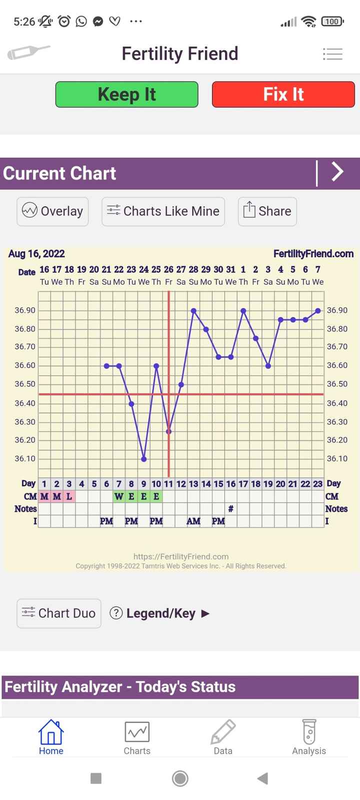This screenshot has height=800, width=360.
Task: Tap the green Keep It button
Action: coord(126,94)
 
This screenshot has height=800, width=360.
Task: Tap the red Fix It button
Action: coord(283,94)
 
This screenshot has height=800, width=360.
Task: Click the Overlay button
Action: coord(52,211)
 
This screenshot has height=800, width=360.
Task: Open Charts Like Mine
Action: coord(163,211)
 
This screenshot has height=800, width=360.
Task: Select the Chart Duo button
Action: coord(58,613)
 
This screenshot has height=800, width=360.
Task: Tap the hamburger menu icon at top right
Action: coord(332,54)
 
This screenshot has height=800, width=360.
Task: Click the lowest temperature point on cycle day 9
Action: coord(144,459)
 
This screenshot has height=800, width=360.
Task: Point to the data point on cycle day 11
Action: coord(169,431)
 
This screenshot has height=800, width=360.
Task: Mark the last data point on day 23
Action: coord(318,311)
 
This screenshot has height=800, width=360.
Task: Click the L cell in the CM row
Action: coord(69,496)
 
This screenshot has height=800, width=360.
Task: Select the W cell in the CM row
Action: coord(118,496)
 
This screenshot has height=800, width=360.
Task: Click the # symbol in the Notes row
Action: coord(230,509)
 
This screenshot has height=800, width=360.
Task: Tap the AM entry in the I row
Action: coord(193,521)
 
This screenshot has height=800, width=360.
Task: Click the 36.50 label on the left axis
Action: coord(25,384)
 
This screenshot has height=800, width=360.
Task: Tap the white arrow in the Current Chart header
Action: coord(338,172)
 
